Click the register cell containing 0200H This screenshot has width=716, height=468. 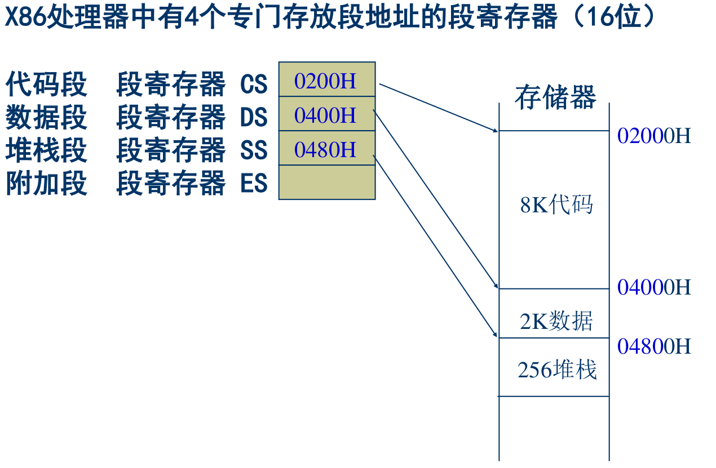pyautogui.click(x=327, y=79)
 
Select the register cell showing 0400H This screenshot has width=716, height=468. pyautogui.click(x=327, y=114)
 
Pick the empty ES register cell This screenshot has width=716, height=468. pyautogui.click(x=327, y=182)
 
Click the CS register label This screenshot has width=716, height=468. pyautogui.click(x=254, y=85)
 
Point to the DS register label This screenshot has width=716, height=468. pyautogui.click(x=254, y=118)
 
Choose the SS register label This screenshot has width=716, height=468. pyautogui.click(x=254, y=151)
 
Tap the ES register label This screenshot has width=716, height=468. pyautogui.click(x=254, y=184)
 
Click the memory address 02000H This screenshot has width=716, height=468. pyautogui.click(x=654, y=136)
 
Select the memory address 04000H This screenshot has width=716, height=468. pyautogui.click(x=654, y=287)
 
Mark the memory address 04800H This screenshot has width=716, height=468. pyautogui.click(x=654, y=346)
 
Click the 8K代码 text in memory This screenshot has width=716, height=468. pyautogui.click(x=556, y=205)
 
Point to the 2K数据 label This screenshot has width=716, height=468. pyautogui.click(x=556, y=321)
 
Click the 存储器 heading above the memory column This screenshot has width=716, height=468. pyautogui.click(x=555, y=97)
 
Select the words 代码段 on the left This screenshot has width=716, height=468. pyautogui.click(x=47, y=85)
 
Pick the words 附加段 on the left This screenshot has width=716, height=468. pyautogui.click(x=47, y=184)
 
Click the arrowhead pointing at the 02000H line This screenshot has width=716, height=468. pyautogui.click(x=496, y=131)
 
